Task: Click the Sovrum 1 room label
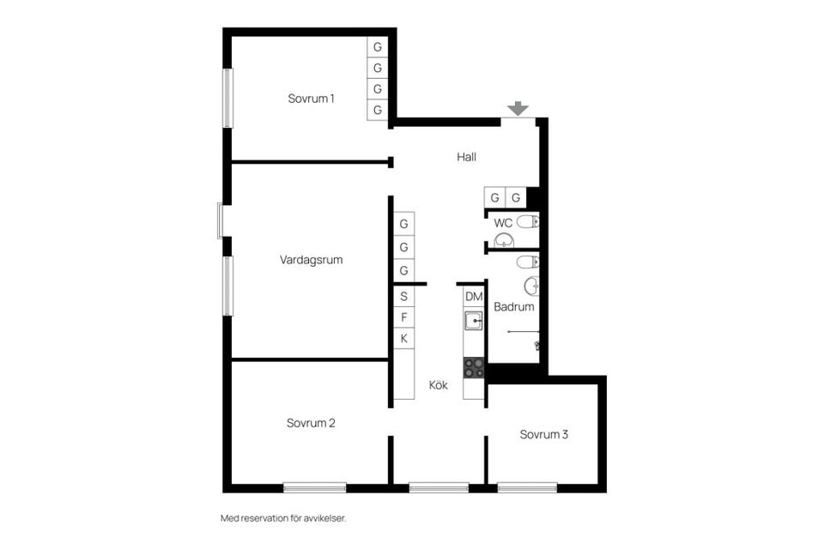pos(311,99)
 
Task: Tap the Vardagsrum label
pos(311,259)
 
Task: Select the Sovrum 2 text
pos(311,423)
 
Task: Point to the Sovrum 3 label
pos(544,434)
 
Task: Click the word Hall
pos(466,157)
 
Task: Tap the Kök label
pos(439,385)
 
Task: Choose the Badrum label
pos(514,306)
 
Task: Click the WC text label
pos(503,223)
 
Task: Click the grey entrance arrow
pos(517,108)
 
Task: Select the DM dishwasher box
pos(474,297)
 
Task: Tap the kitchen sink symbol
pos(474,320)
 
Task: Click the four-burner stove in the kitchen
pos(474,367)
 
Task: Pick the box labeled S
pos(403,296)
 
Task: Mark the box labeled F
pos(403,317)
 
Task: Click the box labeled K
pos(403,339)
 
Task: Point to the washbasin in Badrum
pos(532,285)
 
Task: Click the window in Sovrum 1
pos(228,98)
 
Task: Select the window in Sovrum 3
pos(527,487)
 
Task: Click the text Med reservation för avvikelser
pos(283,518)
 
